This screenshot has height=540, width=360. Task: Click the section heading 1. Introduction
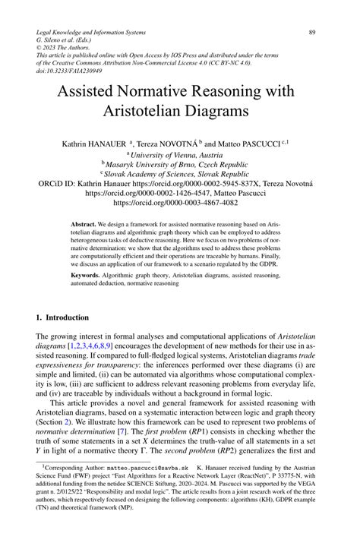point(63,317)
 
